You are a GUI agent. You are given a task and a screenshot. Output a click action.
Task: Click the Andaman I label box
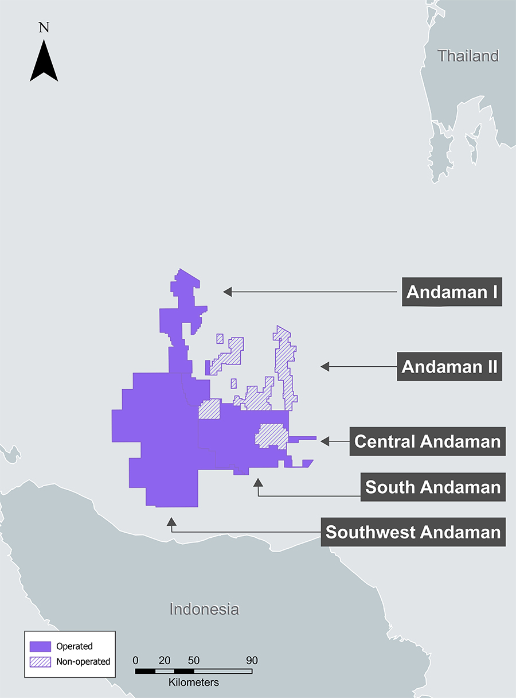[452, 292]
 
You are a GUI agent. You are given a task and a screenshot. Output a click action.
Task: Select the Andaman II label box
[449, 366]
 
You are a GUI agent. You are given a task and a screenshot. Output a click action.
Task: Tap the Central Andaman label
[427, 441]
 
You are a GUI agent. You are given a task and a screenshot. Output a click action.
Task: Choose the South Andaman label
[433, 487]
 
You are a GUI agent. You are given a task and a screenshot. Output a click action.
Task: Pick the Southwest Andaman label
[413, 532]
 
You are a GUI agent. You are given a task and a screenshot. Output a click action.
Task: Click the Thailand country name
[468, 56]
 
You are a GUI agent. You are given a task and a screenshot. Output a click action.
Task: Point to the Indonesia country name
[204, 609]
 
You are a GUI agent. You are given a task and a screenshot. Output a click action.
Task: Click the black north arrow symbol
[44, 63]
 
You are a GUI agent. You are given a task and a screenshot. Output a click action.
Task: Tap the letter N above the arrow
[44, 27]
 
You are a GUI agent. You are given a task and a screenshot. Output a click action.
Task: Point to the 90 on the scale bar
[252, 660]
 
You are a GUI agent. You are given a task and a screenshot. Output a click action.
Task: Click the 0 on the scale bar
[135, 660]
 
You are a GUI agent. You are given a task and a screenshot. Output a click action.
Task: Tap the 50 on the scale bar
[194, 660]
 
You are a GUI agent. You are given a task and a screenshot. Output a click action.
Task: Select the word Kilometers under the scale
[194, 683]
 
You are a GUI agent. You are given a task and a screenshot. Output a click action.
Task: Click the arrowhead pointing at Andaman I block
[228, 292]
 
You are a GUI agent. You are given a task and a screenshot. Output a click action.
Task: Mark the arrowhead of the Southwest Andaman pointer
[171, 521]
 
